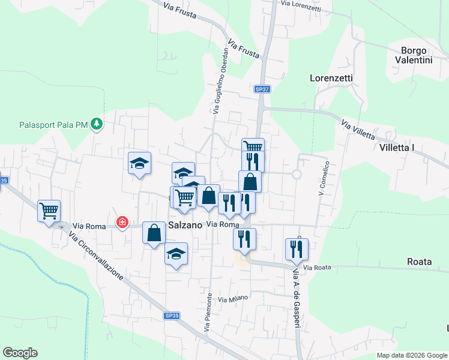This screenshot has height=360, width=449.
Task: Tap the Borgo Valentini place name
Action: pos(414,55)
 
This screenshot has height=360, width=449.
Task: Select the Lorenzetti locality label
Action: pos(331,78)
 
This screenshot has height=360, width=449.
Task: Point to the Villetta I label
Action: pos(397,147)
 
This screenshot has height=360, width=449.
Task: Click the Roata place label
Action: pos(420,262)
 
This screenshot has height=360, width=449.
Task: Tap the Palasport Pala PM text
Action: pos(53,125)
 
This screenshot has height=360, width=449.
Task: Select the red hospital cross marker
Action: pos(122,223)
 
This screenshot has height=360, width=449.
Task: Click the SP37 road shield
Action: pos(262,89)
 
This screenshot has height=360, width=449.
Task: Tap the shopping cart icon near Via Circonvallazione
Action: pos(49,210)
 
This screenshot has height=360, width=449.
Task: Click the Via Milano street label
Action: pos(232,298)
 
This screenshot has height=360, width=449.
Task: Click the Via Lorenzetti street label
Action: pos(301,6)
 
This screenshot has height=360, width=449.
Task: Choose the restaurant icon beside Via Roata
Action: pos(297,249)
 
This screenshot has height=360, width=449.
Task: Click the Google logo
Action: pos(20,353)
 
